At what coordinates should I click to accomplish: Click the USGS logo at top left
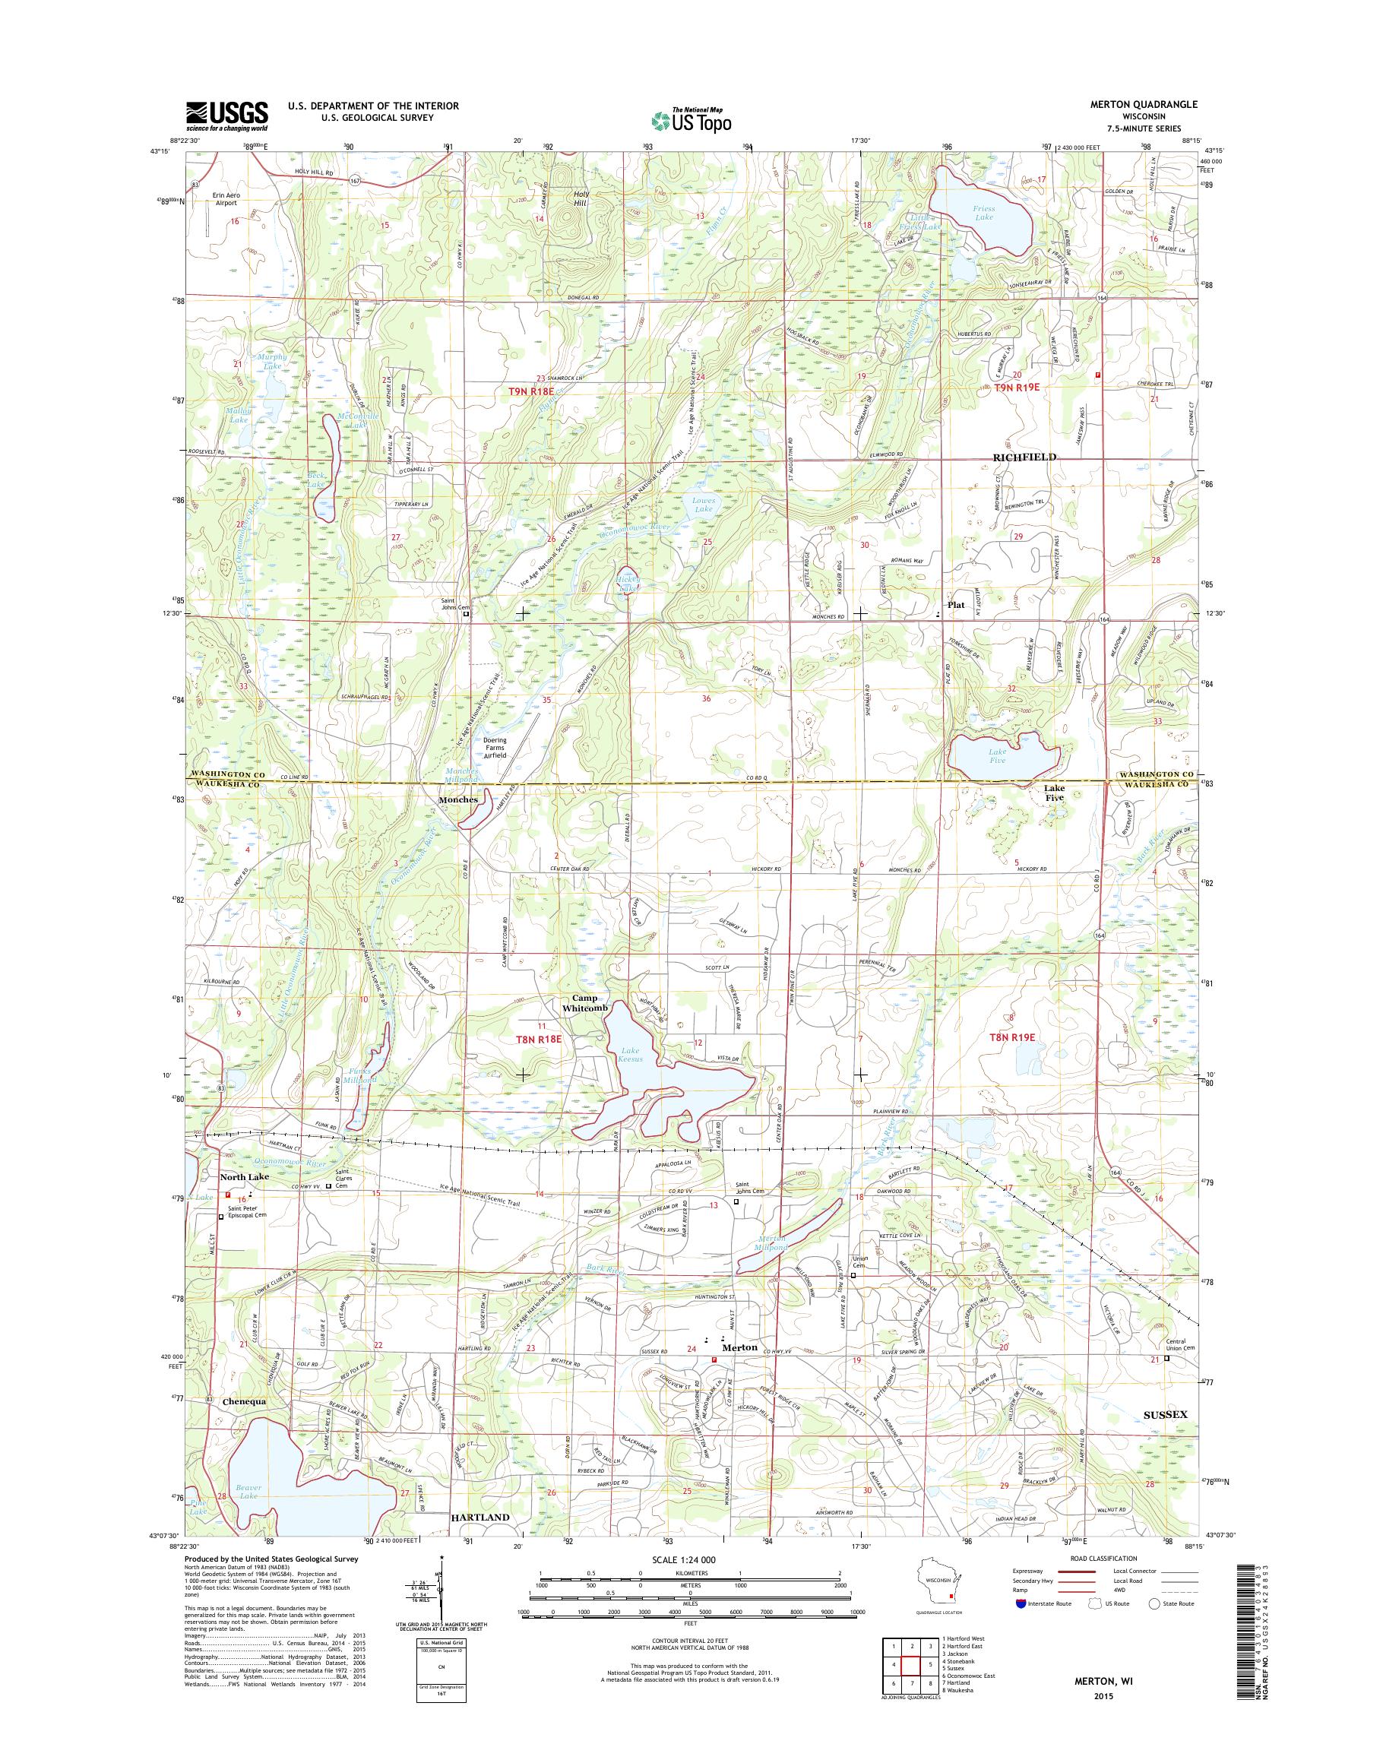[x=226, y=115]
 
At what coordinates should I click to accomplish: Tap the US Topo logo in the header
[x=691, y=119]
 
